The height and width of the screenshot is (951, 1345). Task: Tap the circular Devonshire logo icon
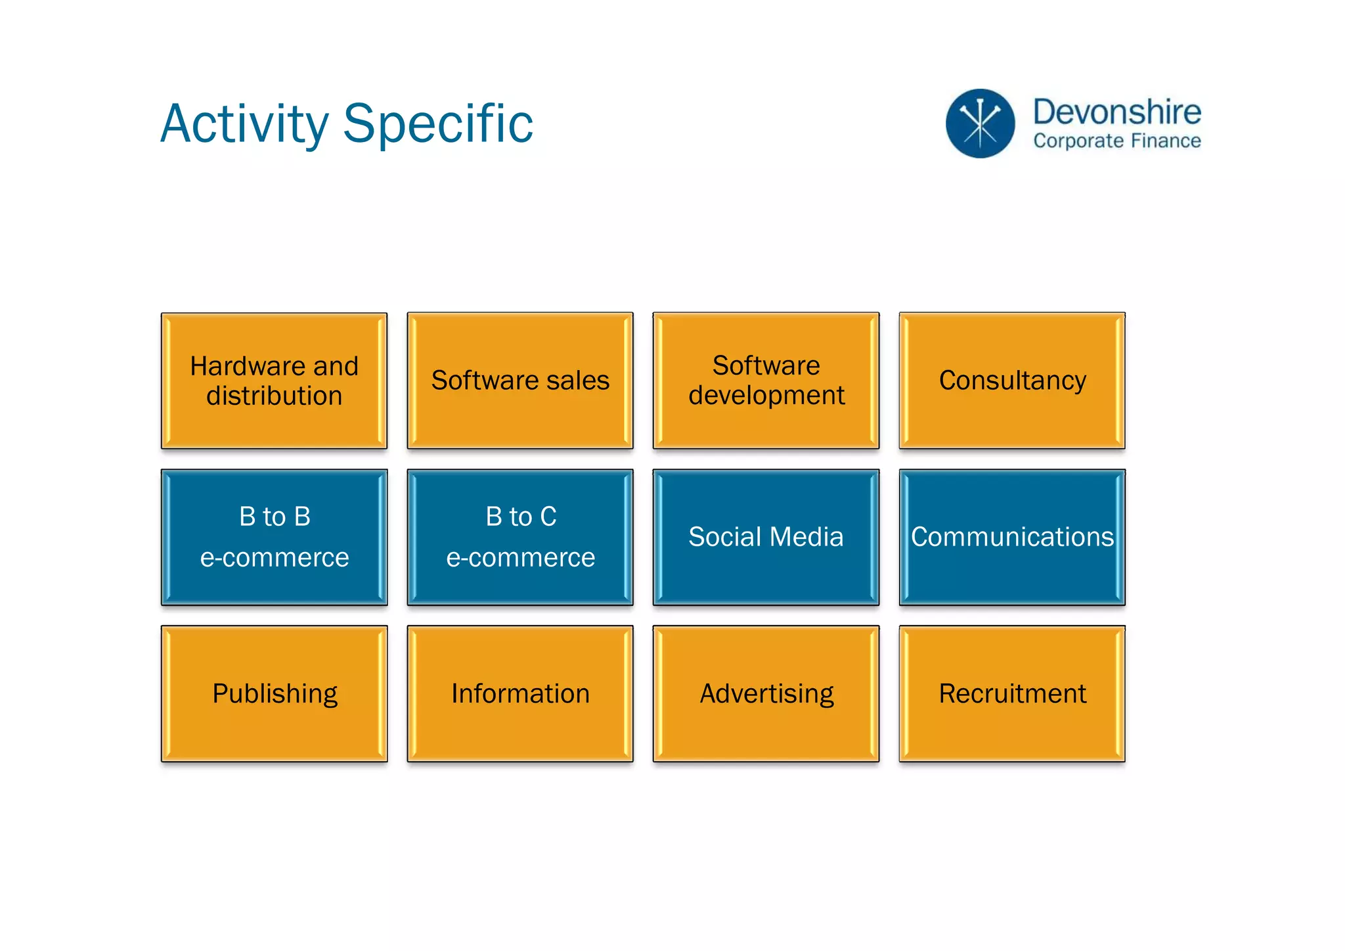tap(980, 124)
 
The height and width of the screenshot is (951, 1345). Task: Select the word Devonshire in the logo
tap(1116, 112)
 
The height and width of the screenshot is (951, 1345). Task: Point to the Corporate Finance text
tap(1116, 141)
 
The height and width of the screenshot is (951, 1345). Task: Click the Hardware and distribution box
tap(274, 381)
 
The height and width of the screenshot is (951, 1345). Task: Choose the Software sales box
tap(520, 381)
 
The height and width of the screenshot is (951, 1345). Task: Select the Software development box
tap(766, 381)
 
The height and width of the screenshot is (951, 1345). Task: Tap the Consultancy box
tap(1012, 381)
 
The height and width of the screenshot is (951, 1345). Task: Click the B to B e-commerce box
tap(274, 537)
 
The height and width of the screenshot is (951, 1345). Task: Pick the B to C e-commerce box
tap(520, 537)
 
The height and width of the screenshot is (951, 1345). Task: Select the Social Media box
tap(766, 537)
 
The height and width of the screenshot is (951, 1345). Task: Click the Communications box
tap(1012, 537)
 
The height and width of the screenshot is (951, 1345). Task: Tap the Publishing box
tap(274, 693)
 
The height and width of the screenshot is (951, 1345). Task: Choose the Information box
tap(520, 693)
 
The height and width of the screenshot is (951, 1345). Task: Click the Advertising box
tap(766, 693)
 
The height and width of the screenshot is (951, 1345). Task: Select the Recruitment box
tap(1012, 693)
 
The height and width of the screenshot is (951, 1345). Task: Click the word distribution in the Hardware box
tap(274, 396)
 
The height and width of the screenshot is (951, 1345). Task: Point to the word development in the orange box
tap(766, 396)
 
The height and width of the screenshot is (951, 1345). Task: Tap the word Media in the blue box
tap(807, 537)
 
